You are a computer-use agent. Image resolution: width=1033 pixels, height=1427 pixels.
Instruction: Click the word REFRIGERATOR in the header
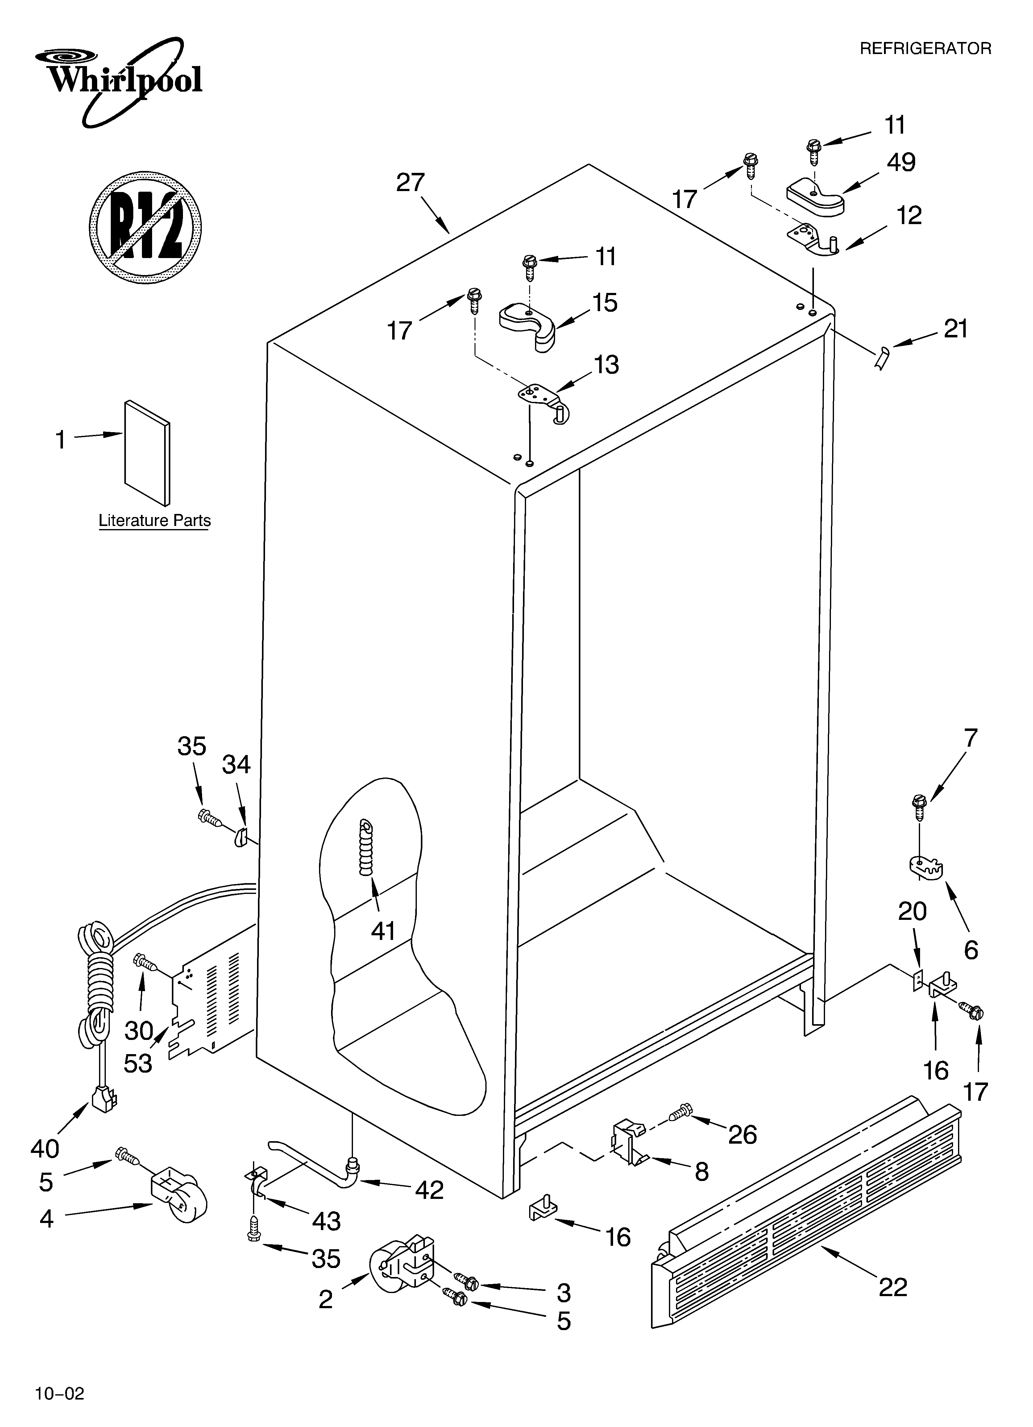click(x=925, y=48)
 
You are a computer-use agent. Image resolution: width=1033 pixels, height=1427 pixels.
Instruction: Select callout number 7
click(x=971, y=737)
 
